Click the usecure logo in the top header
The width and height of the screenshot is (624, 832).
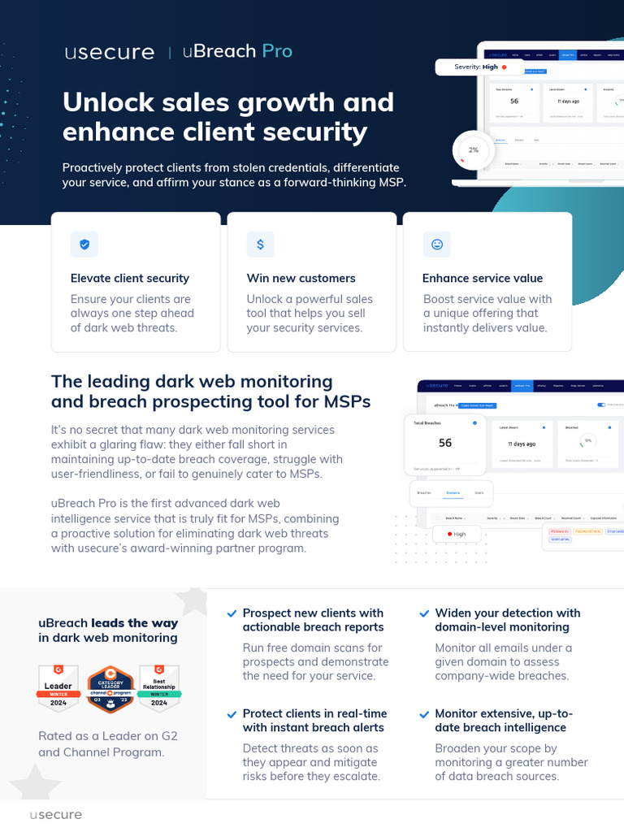click(109, 52)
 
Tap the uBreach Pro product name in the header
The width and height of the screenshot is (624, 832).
click(237, 51)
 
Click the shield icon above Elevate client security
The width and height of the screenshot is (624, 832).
click(84, 244)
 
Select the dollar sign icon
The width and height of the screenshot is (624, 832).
click(260, 244)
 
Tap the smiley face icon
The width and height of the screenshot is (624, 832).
click(436, 244)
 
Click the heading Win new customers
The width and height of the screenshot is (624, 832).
click(301, 278)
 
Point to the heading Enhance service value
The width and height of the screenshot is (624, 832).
click(483, 278)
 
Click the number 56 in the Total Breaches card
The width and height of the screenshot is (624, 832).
click(445, 443)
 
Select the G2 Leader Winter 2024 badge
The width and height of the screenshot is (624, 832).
click(58, 687)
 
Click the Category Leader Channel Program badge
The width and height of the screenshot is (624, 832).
click(110, 688)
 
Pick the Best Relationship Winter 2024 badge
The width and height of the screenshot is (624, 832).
click(159, 687)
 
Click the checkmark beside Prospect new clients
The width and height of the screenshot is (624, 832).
click(232, 613)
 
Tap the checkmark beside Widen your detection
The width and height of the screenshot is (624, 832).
click(424, 613)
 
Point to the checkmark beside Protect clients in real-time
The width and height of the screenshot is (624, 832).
click(232, 714)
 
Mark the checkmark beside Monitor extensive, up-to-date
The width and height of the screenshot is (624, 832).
click(424, 714)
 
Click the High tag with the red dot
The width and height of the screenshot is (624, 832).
click(454, 534)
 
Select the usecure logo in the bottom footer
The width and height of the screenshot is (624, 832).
click(55, 814)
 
